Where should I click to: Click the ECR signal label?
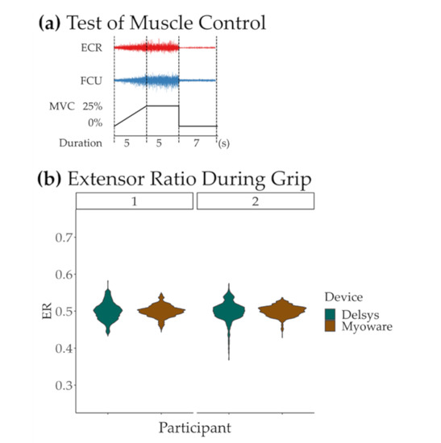(90, 48)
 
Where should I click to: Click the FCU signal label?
(90, 81)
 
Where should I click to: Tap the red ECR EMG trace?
(161, 48)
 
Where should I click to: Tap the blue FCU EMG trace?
(161, 81)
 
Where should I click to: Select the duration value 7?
(197, 143)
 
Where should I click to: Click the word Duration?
(81, 143)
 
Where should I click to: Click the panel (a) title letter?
(48, 23)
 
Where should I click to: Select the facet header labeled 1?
(135, 201)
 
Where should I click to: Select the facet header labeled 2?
(256, 201)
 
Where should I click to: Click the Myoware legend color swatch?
(331, 327)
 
